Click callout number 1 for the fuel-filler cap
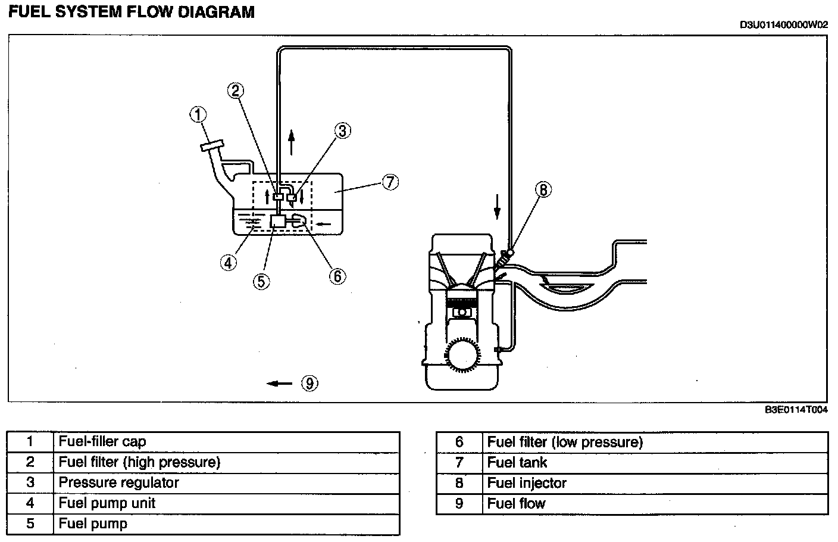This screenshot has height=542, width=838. click(198, 114)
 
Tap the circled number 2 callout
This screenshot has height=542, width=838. click(236, 91)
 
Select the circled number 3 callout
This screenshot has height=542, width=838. click(343, 131)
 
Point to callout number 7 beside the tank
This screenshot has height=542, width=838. click(390, 182)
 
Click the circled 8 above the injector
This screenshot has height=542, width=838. click(543, 189)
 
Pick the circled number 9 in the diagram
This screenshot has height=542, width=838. click(309, 384)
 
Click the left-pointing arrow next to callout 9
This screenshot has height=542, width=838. click(280, 384)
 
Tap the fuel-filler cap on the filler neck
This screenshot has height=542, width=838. click(212, 145)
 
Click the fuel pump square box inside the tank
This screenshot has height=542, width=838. click(277, 221)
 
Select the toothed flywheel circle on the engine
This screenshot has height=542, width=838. click(463, 354)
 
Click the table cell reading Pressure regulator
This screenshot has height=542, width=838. click(227, 483)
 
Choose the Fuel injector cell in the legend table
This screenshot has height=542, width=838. click(655, 483)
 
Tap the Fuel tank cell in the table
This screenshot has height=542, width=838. click(655, 463)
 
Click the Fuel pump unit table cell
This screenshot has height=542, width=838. click(227, 503)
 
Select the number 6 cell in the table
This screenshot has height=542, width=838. click(459, 442)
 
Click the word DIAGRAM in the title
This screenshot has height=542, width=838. click(216, 12)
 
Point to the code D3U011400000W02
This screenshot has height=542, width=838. click(784, 25)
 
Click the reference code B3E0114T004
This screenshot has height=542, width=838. click(796, 410)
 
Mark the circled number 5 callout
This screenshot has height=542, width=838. click(261, 282)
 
